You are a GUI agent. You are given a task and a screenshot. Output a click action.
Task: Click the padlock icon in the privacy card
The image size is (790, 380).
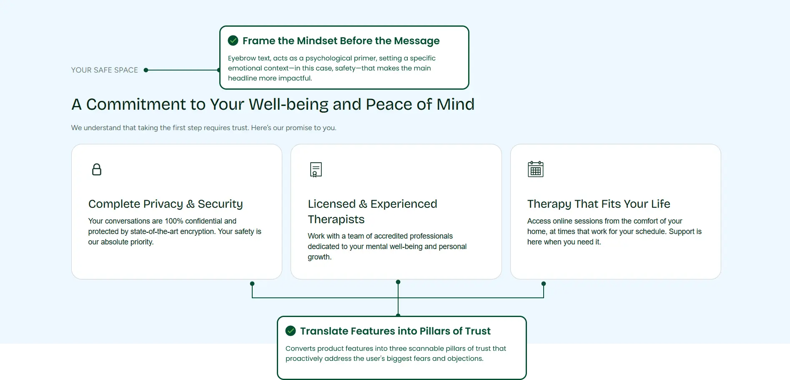[97, 169]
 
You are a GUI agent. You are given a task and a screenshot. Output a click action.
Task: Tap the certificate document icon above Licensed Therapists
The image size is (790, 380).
[316, 169]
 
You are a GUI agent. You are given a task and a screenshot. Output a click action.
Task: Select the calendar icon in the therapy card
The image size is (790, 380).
[535, 169]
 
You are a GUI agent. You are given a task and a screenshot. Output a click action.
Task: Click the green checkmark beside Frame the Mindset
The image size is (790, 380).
[233, 40]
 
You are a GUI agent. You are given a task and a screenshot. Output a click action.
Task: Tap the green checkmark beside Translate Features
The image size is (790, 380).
[291, 331]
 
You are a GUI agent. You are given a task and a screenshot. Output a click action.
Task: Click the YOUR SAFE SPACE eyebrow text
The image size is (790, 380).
[104, 70]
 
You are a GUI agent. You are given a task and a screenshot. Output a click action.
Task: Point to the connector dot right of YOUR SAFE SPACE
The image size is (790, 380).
[146, 70]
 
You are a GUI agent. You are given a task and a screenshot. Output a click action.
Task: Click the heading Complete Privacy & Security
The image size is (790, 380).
[166, 204]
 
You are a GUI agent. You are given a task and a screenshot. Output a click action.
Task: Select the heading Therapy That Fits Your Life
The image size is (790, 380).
[599, 204]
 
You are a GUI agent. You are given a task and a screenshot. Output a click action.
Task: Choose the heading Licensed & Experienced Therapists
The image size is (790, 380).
[372, 211]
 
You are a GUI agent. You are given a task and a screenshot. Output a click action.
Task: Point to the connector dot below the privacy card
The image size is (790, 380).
[252, 284]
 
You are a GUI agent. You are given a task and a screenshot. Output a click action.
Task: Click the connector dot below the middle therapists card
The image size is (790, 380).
[398, 282]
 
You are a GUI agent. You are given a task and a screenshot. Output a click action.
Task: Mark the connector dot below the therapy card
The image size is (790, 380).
[544, 284]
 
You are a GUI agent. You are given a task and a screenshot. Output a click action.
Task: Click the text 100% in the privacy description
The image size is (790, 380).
[173, 221]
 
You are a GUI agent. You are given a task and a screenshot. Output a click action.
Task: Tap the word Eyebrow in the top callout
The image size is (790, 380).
[241, 58]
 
